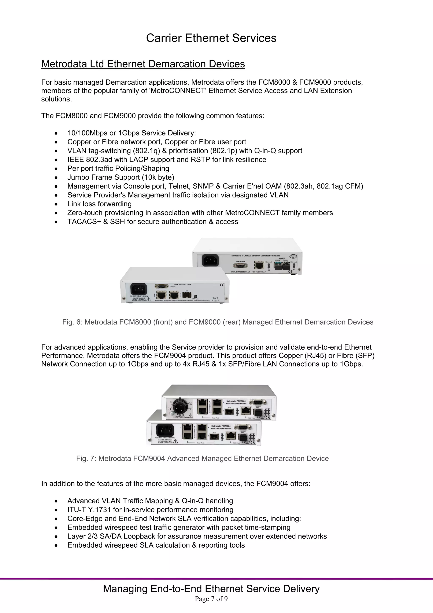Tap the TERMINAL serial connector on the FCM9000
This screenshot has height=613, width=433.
240,266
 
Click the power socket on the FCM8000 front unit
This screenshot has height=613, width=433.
138,289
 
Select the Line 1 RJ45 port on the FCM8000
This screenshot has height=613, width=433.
161,295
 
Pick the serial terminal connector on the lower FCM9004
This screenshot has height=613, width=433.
243,427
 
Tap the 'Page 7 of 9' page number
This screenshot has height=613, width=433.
211,599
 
